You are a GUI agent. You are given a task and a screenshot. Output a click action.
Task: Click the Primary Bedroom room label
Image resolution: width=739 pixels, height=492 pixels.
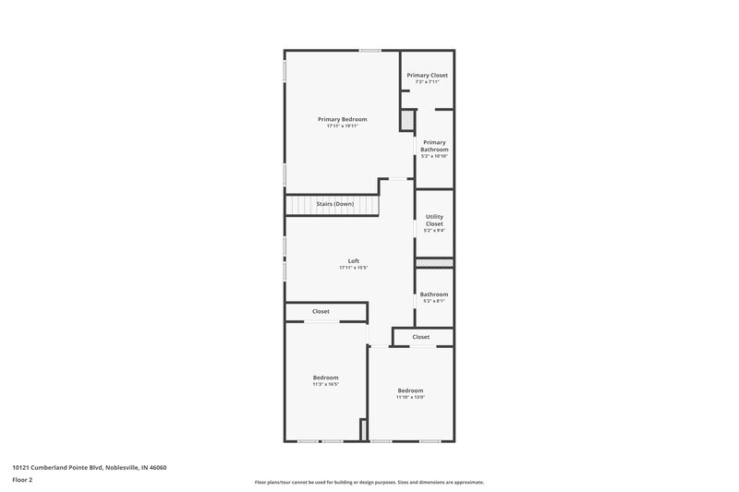342,119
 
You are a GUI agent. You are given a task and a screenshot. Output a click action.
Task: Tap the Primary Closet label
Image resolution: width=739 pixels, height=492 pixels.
427,75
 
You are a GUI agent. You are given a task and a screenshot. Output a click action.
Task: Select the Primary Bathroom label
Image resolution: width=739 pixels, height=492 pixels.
434,146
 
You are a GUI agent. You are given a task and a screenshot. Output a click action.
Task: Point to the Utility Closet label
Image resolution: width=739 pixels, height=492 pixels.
434,220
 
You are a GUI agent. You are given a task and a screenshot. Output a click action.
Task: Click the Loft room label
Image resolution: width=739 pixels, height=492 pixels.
353,261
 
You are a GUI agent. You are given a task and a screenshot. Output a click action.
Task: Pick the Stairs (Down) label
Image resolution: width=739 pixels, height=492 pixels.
334,203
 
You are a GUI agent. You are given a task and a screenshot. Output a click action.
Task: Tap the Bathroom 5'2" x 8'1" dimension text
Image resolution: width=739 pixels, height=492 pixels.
434,301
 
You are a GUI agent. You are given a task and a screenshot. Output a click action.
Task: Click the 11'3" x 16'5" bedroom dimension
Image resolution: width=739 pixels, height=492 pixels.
326,384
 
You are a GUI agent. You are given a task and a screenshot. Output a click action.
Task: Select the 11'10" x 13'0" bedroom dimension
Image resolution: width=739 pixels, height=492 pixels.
410,397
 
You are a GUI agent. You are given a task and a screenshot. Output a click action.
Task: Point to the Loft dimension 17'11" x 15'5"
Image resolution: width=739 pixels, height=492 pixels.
353,268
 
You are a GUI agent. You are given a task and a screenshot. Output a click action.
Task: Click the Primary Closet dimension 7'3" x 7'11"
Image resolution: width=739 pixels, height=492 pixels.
427,81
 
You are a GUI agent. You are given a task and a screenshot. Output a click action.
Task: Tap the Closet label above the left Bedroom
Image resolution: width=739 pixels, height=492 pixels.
321,312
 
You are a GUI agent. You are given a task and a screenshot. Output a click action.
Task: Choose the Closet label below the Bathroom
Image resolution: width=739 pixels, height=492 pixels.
421,337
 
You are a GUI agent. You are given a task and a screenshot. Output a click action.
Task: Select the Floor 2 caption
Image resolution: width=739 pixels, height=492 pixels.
22,480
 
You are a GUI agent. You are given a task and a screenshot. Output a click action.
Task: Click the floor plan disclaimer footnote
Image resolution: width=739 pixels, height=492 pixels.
369,482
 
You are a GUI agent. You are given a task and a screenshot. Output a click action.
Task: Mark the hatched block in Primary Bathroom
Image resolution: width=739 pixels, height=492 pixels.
407,121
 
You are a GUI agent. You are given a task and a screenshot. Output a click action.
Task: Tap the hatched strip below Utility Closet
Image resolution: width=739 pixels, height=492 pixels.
433,262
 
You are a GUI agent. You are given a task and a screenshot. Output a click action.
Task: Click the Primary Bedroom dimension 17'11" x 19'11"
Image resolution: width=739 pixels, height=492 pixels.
342,126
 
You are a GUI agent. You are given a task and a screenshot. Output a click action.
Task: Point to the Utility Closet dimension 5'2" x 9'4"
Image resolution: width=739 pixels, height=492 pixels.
434,230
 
